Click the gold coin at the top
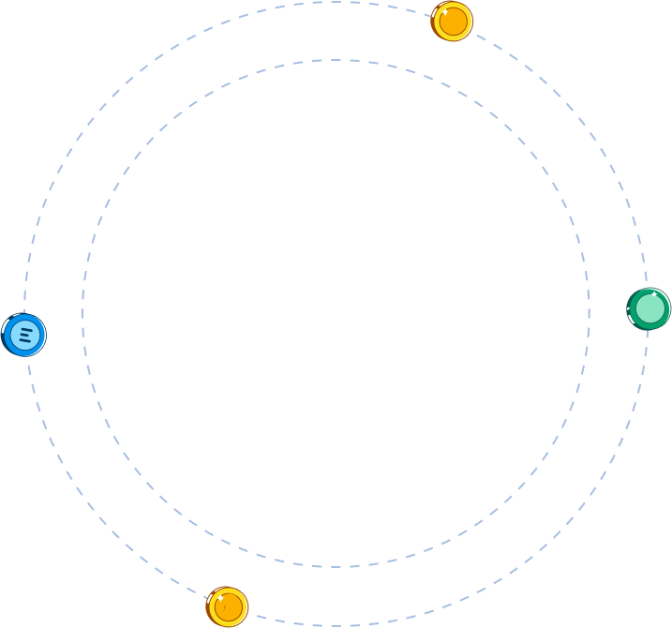(x=452, y=21)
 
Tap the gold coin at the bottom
(x=227, y=606)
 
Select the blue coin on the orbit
(x=23, y=335)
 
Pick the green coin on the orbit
(x=649, y=309)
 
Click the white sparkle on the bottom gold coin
(x=219, y=597)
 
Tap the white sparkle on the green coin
(x=653, y=294)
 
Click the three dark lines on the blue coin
(x=25, y=334)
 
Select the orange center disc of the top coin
(x=454, y=22)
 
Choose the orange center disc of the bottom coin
(x=229, y=607)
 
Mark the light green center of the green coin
(x=650, y=309)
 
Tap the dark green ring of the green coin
(x=666, y=309)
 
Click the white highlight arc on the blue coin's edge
(x=6, y=322)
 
